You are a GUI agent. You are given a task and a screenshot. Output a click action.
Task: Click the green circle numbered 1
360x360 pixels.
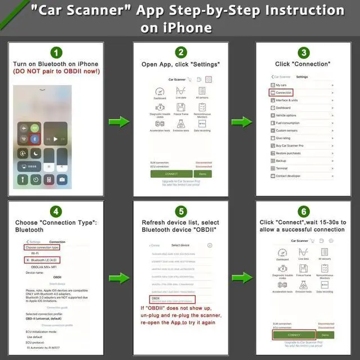point(56,53)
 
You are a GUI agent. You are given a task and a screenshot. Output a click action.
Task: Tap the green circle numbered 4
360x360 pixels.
point(57,211)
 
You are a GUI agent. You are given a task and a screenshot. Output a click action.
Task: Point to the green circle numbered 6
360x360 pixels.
point(303,211)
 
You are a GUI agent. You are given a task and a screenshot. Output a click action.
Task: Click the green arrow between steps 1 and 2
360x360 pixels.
point(118,121)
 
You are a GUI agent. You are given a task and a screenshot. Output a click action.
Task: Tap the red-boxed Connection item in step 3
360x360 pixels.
point(284,92)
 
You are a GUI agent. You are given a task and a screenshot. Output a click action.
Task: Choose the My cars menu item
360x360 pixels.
point(281,85)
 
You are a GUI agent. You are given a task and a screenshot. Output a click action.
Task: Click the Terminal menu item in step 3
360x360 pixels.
point(282,168)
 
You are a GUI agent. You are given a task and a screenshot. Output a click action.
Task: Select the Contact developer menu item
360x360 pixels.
point(288,176)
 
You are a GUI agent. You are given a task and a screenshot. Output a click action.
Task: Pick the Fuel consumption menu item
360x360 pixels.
point(287,123)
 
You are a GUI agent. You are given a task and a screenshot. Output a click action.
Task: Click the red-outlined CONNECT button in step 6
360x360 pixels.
point(294,335)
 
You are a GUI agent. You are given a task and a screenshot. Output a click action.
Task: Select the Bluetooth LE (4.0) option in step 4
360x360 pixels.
point(45,260)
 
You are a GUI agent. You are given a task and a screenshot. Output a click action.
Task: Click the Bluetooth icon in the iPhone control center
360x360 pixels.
point(33,138)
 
